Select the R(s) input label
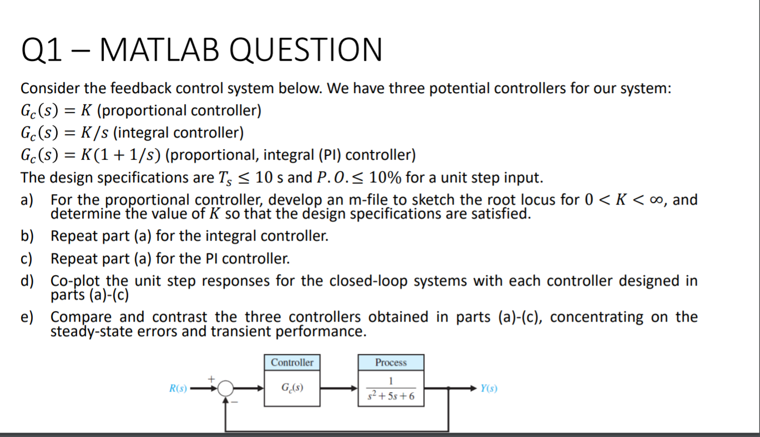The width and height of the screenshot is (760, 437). click(x=179, y=389)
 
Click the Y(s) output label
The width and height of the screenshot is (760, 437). click(x=489, y=389)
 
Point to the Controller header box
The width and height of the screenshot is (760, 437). click(x=292, y=363)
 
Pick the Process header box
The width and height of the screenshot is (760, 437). click(x=391, y=363)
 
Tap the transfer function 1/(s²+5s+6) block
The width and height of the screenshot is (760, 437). click(x=391, y=389)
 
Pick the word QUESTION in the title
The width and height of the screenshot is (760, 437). click(x=305, y=49)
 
